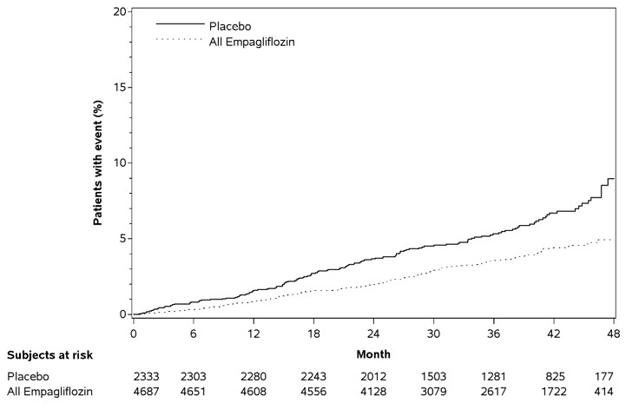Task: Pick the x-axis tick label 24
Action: (x=373, y=334)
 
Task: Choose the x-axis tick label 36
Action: (x=494, y=334)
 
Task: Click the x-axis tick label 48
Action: (x=613, y=334)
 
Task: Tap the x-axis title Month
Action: (x=373, y=354)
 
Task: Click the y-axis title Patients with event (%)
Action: (x=99, y=162)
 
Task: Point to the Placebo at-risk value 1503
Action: (x=433, y=377)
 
